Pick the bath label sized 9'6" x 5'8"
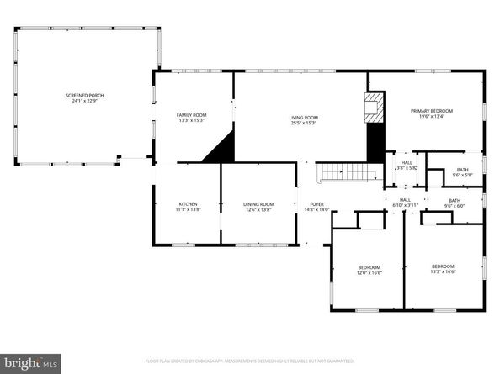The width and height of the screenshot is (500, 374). (462, 172)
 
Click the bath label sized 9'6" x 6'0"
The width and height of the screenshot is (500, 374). (455, 203)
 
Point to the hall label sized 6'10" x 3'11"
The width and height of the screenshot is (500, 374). (404, 203)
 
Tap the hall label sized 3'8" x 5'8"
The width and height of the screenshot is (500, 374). (406, 165)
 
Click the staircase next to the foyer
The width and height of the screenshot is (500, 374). (347, 172)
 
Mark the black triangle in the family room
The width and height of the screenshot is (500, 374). (221, 150)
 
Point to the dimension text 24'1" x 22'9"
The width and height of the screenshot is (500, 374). (84, 103)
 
